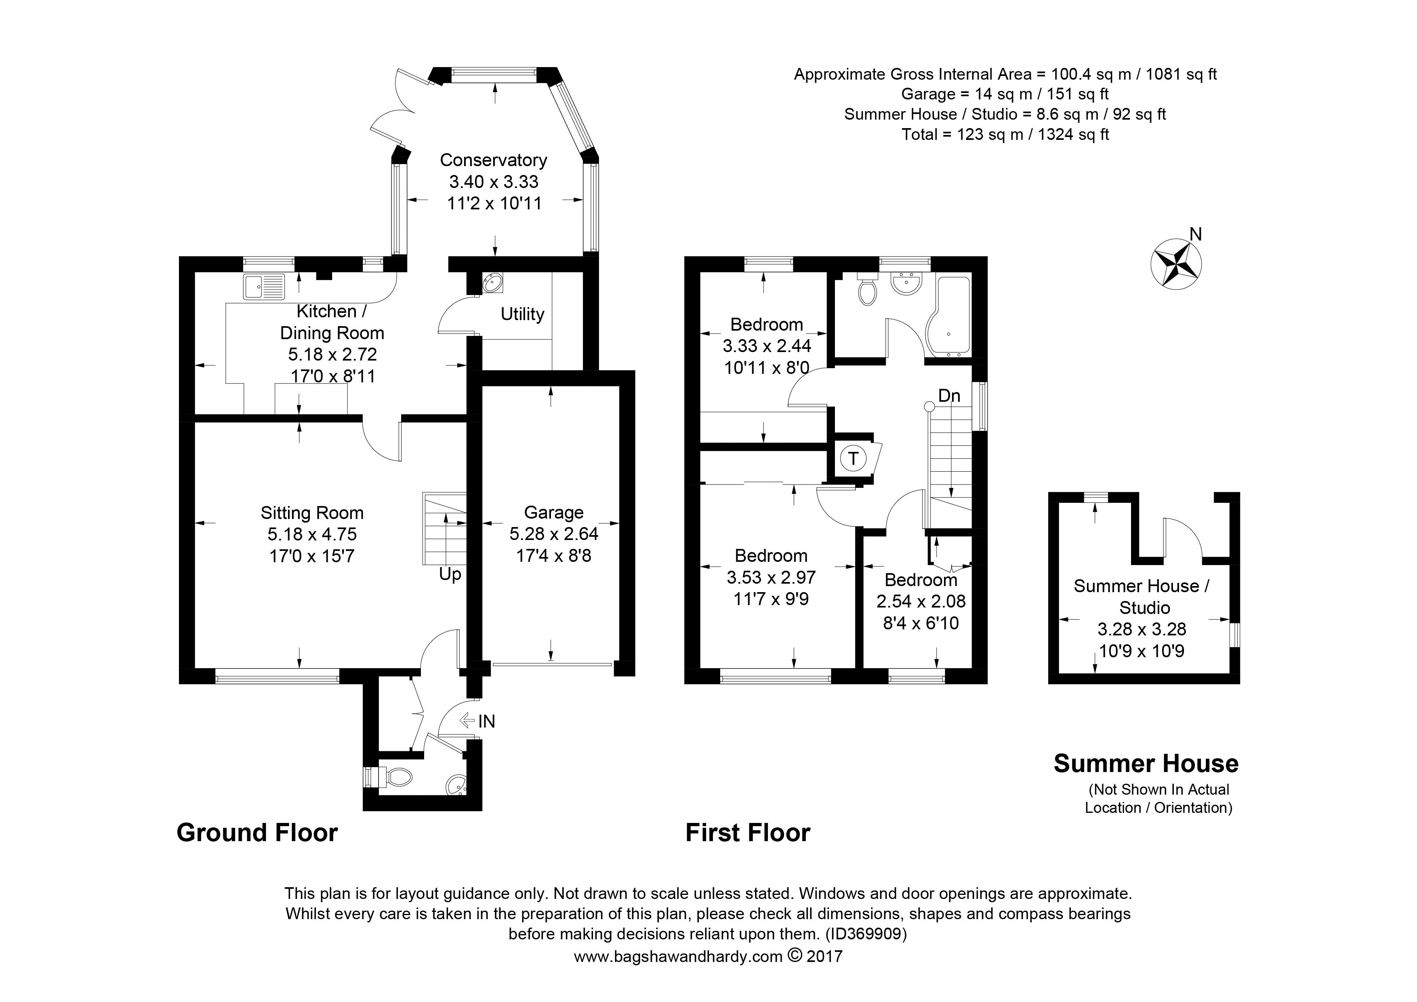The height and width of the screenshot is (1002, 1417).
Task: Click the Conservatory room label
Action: tap(493, 160)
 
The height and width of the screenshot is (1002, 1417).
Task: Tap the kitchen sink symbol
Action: tap(264, 287)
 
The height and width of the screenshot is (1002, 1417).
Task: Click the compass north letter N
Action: tap(1195, 234)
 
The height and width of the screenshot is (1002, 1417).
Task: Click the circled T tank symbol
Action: tap(853, 458)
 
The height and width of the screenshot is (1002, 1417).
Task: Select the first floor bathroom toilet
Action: tap(868, 289)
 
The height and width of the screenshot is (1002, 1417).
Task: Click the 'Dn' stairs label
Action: tap(949, 396)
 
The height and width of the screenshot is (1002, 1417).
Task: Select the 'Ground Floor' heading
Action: tap(257, 833)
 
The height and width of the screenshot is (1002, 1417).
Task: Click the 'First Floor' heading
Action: tap(748, 833)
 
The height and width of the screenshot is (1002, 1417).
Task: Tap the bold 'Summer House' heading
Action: tap(1146, 764)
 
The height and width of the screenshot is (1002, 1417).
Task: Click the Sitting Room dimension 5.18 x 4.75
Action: tap(312, 535)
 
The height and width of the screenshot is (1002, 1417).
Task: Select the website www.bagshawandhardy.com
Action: tap(678, 957)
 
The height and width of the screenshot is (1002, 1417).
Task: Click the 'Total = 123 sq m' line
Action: tap(1005, 134)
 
